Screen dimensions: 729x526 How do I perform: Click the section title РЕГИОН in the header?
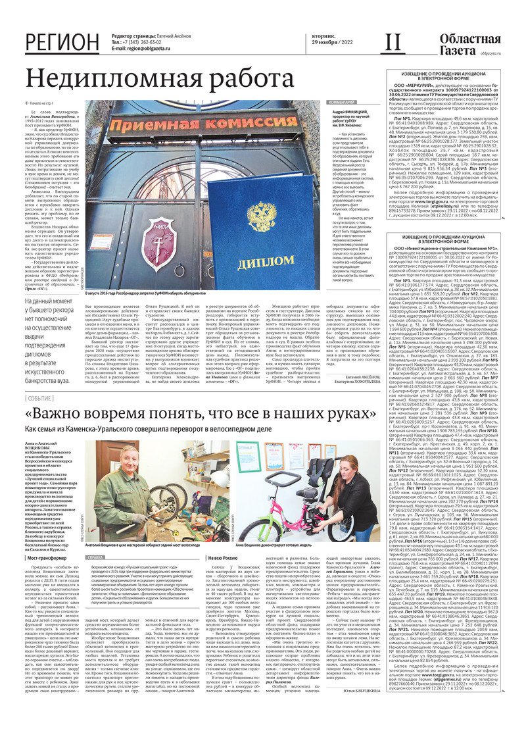click(62, 43)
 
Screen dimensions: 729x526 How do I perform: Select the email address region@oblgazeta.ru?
click(158, 49)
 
